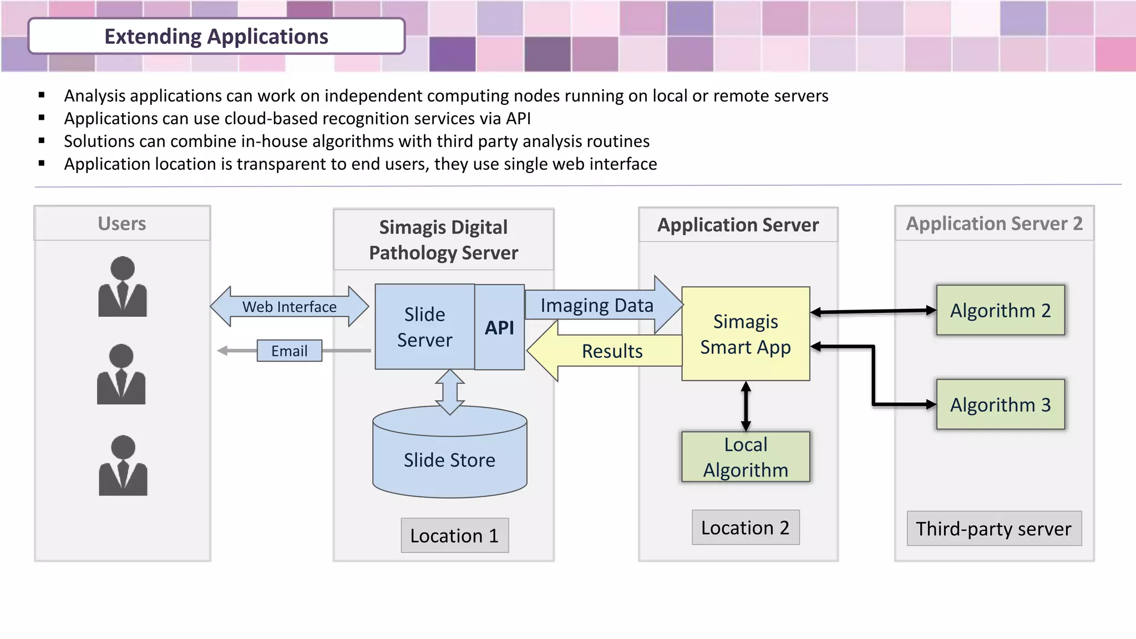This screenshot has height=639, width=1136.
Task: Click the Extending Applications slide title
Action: click(216, 37)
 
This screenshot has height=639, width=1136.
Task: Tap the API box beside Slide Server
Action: click(499, 327)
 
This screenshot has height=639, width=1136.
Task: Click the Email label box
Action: click(289, 351)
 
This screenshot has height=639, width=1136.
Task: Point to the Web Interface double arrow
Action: click(289, 306)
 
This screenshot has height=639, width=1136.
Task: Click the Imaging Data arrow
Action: click(597, 305)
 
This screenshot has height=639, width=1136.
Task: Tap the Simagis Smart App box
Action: click(745, 334)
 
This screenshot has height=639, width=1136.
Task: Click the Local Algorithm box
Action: click(745, 457)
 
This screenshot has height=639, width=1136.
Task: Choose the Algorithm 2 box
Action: click(1000, 310)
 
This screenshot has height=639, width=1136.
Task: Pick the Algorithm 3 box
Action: click(1000, 404)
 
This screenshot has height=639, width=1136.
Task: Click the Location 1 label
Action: click(454, 535)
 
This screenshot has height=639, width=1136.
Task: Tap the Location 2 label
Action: click(745, 528)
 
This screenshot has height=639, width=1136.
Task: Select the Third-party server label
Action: click(993, 529)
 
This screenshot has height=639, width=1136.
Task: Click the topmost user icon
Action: click(123, 287)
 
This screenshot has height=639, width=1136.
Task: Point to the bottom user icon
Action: click(123, 466)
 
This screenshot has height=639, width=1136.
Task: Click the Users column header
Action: click(122, 224)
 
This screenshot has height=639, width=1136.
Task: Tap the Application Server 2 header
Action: click(994, 224)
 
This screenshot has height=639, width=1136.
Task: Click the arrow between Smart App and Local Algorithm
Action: click(746, 406)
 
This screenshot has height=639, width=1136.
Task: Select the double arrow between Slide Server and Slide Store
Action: click(450, 392)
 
